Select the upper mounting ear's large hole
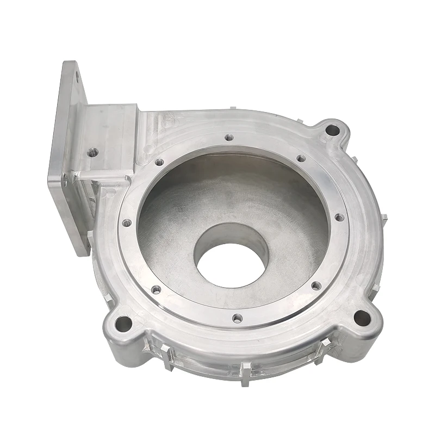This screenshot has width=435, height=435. coord(331,130)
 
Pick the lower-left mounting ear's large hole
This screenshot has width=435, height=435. coord(123,324)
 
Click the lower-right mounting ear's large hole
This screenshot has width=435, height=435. coord(361,317)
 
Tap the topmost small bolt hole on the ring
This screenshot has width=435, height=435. coord(229,138)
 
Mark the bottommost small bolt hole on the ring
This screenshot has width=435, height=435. coord(237,318)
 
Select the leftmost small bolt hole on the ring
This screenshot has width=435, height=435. coord(127,222)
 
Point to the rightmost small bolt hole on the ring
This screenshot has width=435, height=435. coord(339,217)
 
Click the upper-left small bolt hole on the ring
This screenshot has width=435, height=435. coord(159,161)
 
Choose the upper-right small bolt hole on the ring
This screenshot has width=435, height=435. coord(300,159)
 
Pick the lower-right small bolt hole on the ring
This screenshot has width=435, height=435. coord(316,285)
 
